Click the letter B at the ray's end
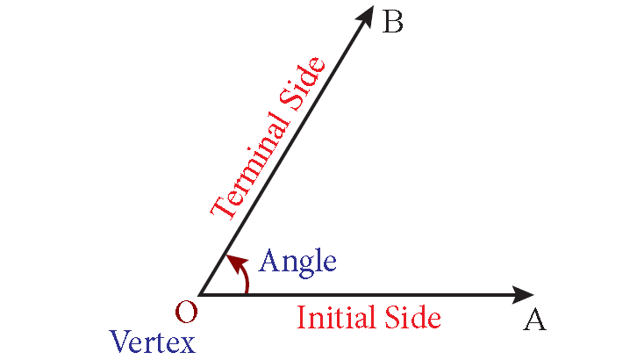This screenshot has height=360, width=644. pyautogui.click(x=393, y=22)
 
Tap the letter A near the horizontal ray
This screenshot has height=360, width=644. pyautogui.click(x=534, y=320)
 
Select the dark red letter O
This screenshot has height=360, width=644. pyautogui.click(x=187, y=312)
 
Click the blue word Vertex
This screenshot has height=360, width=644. pyautogui.click(x=153, y=342)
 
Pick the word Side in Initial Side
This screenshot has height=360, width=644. pyautogui.click(x=412, y=317)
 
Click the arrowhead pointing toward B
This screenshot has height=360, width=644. pyautogui.click(x=366, y=16)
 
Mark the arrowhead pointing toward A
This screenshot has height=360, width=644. pyautogui.click(x=523, y=295)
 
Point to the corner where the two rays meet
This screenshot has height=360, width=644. pyautogui.click(x=199, y=295)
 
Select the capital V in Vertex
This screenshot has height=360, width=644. pyautogui.click(x=121, y=342)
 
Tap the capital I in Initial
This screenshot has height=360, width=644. pyautogui.click(x=301, y=317)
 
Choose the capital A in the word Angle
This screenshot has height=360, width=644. pyautogui.click(x=269, y=260)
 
